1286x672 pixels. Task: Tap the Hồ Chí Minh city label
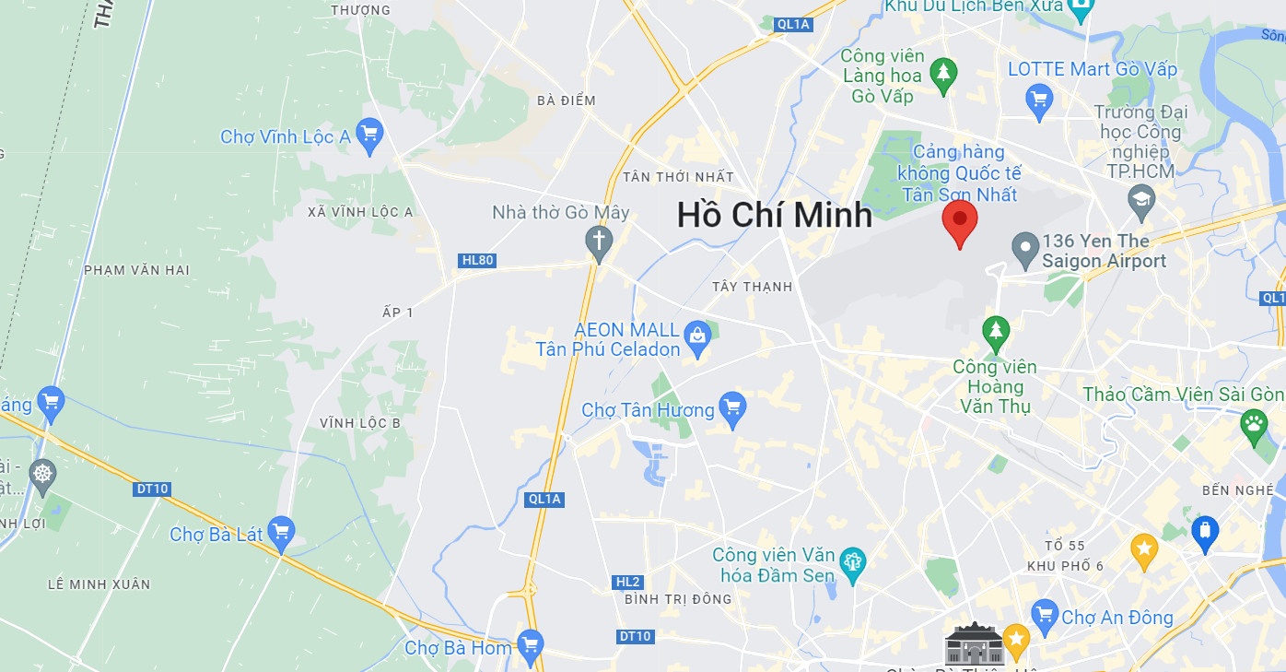point(774,215)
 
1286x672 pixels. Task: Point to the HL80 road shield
point(477,261)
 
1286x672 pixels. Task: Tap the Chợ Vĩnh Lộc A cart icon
point(369,136)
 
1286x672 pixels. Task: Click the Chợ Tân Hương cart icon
point(732,408)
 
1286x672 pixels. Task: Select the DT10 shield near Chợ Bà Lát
point(152,489)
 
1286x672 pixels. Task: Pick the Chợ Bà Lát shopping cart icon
point(280,532)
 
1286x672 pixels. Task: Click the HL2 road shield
point(627,582)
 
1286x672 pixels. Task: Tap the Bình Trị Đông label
point(678,599)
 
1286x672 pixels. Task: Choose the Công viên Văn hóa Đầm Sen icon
point(852,565)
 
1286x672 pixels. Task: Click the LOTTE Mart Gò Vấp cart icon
point(1039,99)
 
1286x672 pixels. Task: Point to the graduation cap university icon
point(1141,201)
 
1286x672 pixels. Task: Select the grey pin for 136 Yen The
point(1025,249)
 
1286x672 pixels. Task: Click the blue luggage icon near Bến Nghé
point(1204,532)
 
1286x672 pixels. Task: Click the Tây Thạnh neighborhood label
point(752,287)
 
